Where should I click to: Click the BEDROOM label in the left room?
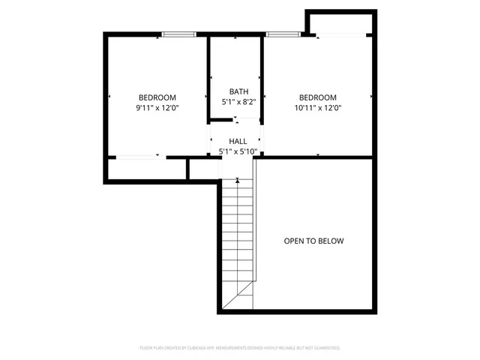[x=157, y=97]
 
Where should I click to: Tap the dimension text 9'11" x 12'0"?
[x=157, y=108]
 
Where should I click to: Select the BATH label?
[x=238, y=91]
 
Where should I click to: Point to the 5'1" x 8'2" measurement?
[x=238, y=101]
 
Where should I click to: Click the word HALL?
[x=238, y=141]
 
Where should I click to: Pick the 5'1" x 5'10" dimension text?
[x=238, y=151]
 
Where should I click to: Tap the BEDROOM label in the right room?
[x=318, y=97]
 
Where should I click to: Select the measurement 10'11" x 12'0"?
[x=318, y=108]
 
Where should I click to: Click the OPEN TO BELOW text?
[x=313, y=241]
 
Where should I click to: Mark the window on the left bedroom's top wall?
[x=179, y=34]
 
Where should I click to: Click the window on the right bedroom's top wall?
[x=280, y=34]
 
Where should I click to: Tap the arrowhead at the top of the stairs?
[x=238, y=180]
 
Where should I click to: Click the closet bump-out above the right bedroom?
[x=340, y=22]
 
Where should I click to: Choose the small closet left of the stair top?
[x=203, y=169]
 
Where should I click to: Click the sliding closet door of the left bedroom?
[x=136, y=157]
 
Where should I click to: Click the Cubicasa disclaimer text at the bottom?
[x=240, y=348]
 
